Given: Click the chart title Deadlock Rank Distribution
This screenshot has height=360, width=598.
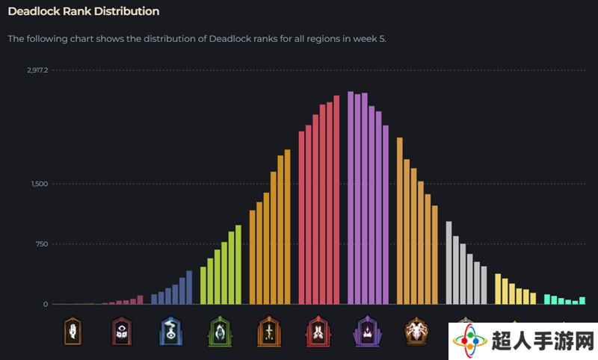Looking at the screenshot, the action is coord(84,11).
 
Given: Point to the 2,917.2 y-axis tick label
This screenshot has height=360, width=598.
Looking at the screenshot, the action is coord(37,70).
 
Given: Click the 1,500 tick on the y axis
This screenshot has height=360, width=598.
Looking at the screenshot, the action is coord(40,184).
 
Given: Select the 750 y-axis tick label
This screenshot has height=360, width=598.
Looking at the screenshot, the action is coord(42,244).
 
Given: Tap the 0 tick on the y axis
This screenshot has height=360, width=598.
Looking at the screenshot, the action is coord(46,305).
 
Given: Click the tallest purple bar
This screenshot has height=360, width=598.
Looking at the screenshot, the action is coord(351,198).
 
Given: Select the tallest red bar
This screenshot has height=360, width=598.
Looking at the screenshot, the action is coord(336,200).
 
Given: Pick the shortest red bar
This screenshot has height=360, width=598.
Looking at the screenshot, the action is coord(301,218).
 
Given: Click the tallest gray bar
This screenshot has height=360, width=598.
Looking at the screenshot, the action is coord(449,263).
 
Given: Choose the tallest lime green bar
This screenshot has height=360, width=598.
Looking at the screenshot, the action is coord(238,264).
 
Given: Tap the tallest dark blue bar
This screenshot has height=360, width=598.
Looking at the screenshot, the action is coord(189,288).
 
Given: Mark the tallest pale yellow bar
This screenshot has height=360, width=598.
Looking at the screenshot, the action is coord(498,289).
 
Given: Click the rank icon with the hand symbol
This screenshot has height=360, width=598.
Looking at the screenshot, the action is coord(73,332).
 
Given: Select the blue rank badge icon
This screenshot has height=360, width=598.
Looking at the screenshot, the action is coord(170,332).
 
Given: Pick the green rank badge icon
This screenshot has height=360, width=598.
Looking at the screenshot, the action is coord(220,332).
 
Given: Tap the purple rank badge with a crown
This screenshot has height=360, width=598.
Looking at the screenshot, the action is coord(367,332).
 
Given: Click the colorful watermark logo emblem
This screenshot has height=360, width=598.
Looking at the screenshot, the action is coord(470,341).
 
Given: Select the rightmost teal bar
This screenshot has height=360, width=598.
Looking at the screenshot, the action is coord(582,300).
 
